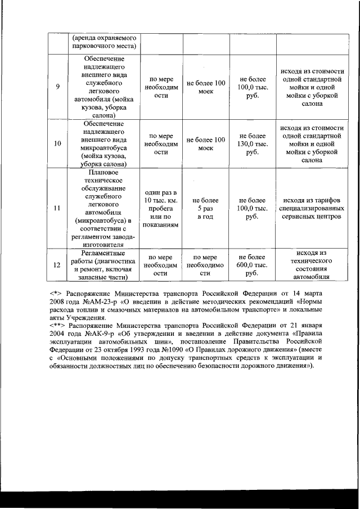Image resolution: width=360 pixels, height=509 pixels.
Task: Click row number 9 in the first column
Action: click(57, 87)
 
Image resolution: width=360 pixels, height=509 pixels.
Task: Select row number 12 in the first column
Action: click(57, 264)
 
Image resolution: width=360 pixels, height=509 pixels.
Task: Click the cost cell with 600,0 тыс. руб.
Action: click(253, 264)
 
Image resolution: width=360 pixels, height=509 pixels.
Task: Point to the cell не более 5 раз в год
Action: click(205, 208)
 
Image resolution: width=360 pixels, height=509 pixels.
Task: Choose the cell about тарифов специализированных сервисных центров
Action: click(308, 208)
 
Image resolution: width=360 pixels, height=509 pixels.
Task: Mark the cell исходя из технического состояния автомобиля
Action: click(308, 264)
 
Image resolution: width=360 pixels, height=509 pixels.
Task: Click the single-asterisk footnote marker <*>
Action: click(55, 294)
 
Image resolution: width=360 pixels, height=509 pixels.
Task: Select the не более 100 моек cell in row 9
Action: click(205, 87)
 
